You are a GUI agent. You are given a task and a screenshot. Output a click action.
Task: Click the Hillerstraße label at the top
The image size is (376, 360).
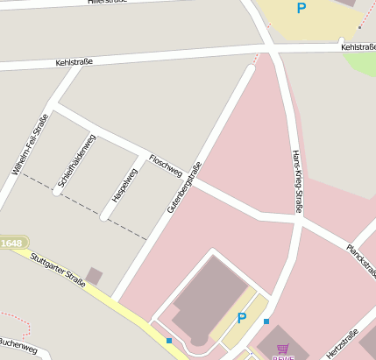coord(108,3)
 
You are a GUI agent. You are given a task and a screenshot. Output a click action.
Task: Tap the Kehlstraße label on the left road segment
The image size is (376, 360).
coord(74,63)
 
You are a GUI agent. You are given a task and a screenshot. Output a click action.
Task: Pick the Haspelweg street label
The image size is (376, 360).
coord(124,179)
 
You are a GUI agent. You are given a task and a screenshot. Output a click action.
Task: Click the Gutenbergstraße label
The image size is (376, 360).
coord(184,187)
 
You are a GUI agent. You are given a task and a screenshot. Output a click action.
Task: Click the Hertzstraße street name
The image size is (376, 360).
coord(342,342)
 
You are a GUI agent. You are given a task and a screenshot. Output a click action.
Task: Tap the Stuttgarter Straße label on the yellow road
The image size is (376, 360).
coord(58,271)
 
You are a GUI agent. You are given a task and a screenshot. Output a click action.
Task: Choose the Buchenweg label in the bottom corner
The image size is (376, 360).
coord(18,349)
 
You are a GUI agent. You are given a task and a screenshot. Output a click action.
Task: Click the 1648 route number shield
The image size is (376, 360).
coord(11,243)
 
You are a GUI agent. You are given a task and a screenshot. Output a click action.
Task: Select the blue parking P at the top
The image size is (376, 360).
coord(302,9)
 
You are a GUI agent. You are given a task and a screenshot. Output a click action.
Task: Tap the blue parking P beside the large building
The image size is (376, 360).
coord(242,318)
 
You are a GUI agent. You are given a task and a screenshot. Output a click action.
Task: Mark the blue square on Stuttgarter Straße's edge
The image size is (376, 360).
coord(169,340)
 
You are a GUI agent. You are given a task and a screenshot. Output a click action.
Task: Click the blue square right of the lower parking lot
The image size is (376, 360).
coord(266,321)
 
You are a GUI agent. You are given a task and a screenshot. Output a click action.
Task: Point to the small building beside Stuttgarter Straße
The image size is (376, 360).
coord(94,276)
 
